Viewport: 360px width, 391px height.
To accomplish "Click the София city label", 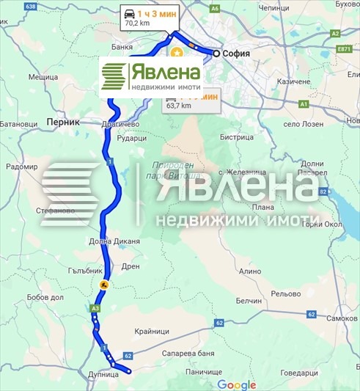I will tap(238, 54).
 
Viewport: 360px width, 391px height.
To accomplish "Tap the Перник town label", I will tap(62, 122).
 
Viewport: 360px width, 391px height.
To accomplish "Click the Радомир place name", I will tap(21, 167).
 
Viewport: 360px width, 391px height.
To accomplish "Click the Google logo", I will tap(236, 385).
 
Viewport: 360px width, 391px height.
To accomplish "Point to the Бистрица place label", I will tap(235, 136).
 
